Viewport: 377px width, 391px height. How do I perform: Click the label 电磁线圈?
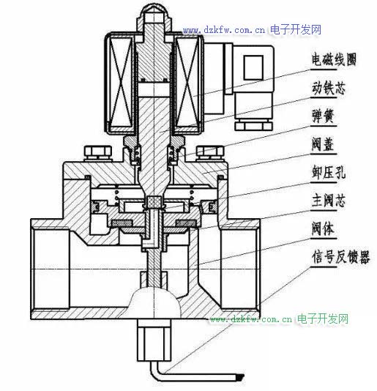[x=334, y=59]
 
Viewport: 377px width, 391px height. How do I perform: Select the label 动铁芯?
[x=329, y=88]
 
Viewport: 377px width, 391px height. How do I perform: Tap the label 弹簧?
[x=323, y=116]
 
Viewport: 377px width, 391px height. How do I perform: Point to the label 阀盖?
[x=323, y=144]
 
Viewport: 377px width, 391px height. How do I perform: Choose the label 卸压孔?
[x=329, y=173]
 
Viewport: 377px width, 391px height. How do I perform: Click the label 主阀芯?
[x=329, y=201]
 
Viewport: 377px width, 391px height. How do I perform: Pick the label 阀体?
[x=323, y=228]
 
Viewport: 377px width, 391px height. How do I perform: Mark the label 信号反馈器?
[x=340, y=257]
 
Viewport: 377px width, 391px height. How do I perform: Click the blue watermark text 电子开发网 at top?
[x=296, y=30]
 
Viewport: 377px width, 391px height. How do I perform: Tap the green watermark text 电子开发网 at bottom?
[x=323, y=319]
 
